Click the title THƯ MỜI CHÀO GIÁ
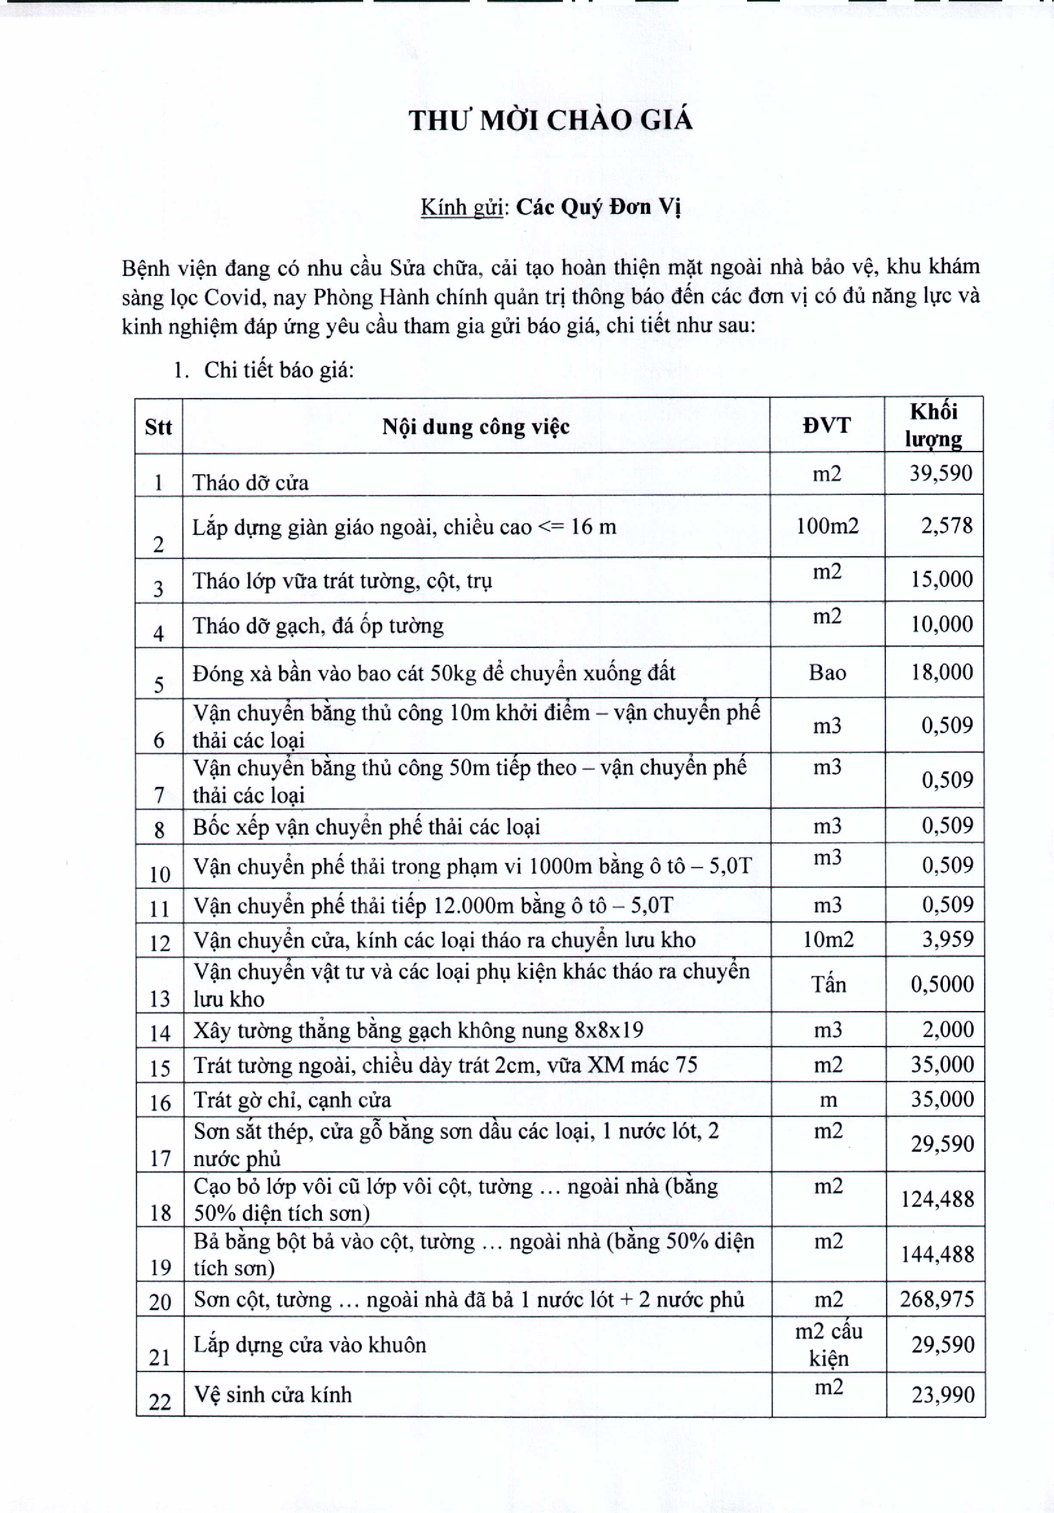[x=551, y=121]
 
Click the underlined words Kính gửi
[x=461, y=207]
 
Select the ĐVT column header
[x=827, y=426]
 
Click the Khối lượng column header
[x=933, y=425]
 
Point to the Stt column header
[x=158, y=427]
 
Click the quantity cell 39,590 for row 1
[x=941, y=473]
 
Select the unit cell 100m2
[x=827, y=526]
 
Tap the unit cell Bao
[x=827, y=673]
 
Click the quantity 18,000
[x=942, y=672]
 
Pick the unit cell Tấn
[x=828, y=985]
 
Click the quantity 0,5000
[x=942, y=985]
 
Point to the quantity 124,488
[x=937, y=1199]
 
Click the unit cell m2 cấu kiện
[x=828, y=1345]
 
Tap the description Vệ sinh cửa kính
[x=272, y=1395]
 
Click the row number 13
[x=160, y=999]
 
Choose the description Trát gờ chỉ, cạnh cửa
[x=292, y=1100]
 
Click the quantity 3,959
[x=947, y=939]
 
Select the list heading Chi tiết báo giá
[x=279, y=370]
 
